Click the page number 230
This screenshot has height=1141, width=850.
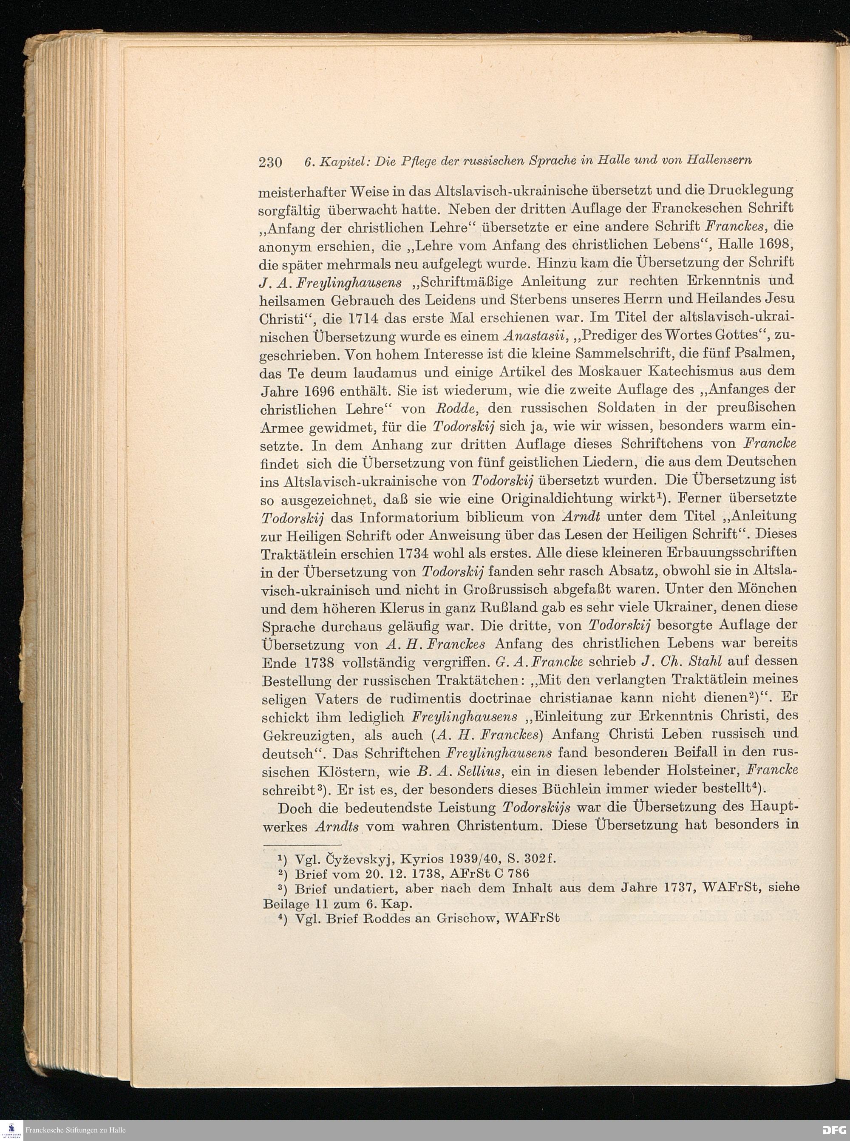270,163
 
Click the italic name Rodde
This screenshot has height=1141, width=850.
451,409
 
